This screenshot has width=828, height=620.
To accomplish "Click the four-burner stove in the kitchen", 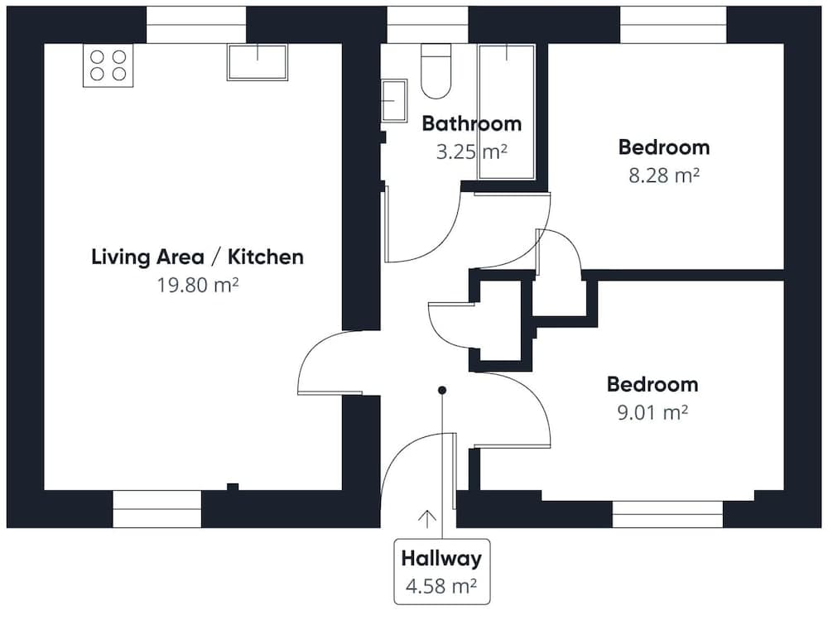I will [x=108, y=65].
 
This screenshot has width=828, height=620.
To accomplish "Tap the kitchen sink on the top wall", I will [x=257, y=62].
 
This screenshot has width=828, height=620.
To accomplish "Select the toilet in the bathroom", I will [x=436, y=72].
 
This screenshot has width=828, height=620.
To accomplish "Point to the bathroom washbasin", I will [x=393, y=100].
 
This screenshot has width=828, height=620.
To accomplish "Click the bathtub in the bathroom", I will [x=507, y=112].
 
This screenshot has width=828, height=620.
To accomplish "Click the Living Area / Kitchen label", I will [x=197, y=257].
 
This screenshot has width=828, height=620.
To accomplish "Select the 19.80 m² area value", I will [x=197, y=285].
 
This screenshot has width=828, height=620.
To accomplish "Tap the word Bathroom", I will [x=471, y=124].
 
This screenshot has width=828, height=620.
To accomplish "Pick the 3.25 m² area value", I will [x=471, y=151].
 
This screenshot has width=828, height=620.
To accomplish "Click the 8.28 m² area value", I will [x=663, y=175].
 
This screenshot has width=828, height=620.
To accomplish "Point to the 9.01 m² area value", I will [x=652, y=411].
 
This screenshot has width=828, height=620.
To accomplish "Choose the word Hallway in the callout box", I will [x=441, y=559].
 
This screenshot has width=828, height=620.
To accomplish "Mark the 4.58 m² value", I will [x=440, y=586].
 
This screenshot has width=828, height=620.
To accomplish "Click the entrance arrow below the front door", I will [x=427, y=519].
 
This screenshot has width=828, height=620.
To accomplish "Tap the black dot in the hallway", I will [x=442, y=390].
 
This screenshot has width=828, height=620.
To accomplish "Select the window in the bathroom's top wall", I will [x=426, y=25].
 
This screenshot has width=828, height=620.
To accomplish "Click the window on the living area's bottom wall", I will [x=156, y=508].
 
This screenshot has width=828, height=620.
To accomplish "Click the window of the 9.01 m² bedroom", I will [x=667, y=513].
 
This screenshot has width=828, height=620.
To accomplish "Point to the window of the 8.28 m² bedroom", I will [x=673, y=25].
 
